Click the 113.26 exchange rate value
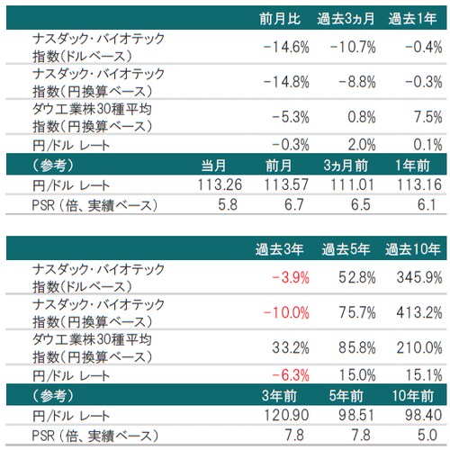(212, 185)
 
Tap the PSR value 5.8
(222, 206)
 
